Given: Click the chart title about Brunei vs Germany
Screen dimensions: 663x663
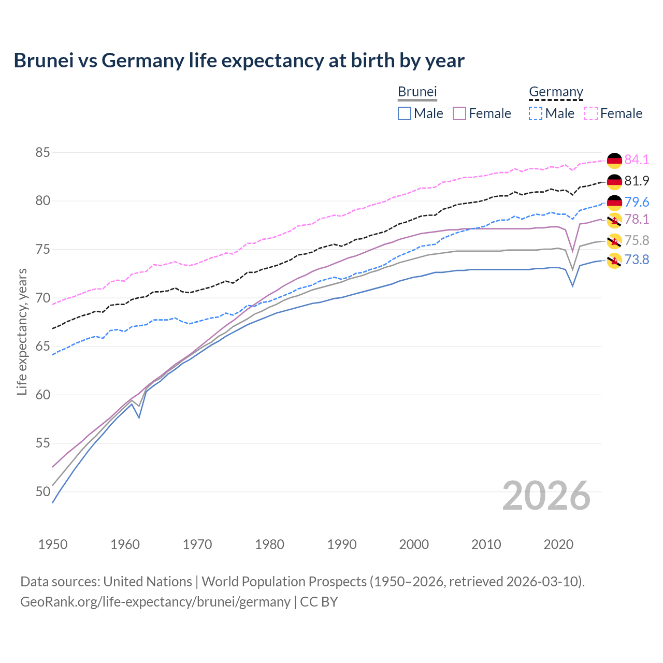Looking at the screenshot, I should (239, 61).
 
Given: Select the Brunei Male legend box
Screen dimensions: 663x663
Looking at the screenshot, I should (405, 113).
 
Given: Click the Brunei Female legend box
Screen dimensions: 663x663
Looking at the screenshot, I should (460, 113).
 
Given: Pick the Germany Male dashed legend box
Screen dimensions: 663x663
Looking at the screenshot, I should (536, 113).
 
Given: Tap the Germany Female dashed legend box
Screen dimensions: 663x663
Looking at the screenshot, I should (591, 113).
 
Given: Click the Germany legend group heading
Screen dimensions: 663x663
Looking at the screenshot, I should (556, 92).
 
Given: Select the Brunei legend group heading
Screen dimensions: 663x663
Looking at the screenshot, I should (417, 92).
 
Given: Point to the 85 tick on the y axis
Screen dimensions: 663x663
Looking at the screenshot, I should (42, 153).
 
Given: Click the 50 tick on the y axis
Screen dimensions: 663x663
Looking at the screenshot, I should (42, 492).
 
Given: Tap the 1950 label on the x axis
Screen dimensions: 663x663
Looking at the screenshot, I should (53, 544).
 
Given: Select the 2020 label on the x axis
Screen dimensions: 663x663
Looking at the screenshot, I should (558, 544).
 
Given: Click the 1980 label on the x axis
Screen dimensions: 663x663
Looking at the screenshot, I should (269, 544).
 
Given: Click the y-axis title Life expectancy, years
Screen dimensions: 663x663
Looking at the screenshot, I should (22, 331).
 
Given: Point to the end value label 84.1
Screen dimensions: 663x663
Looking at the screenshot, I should (637, 160).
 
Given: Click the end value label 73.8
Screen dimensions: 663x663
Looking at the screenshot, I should (637, 260).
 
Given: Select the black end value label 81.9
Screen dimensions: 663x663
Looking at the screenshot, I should (637, 181).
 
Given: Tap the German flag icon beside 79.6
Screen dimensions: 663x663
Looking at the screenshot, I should (614, 203).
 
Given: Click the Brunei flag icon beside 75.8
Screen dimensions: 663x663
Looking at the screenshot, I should (614, 241).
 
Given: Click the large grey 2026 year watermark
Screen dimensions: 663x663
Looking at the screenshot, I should (546, 496).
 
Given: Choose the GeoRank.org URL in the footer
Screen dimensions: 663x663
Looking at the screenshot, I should (155, 602).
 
